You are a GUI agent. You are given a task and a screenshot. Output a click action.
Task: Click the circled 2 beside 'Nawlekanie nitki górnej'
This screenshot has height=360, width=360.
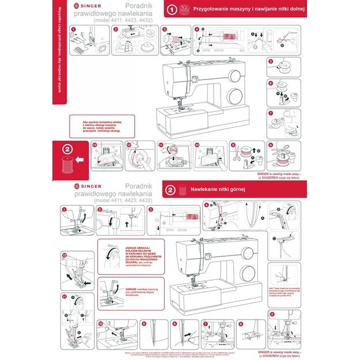(x=170, y=189)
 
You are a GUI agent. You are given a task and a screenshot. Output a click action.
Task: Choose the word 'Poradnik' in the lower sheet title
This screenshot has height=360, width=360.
(x=138, y=186)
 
